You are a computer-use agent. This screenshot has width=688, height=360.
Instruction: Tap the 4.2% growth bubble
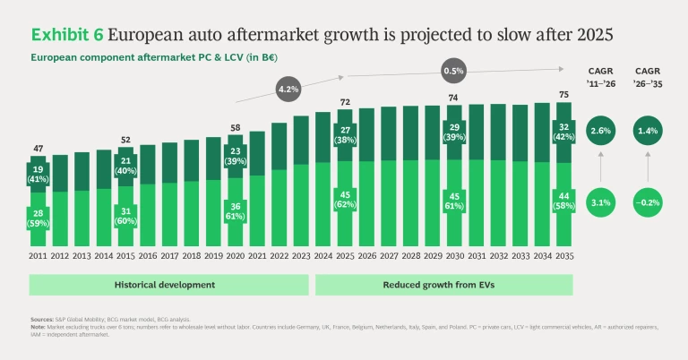[x=288, y=90]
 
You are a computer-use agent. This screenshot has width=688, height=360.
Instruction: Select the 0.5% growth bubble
[x=454, y=70]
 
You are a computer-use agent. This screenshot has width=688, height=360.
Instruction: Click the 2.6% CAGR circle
[x=602, y=132]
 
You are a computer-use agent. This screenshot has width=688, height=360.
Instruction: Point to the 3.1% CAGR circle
[x=602, y=202]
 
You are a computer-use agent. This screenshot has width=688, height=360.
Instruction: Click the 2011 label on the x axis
[x=39, y=256]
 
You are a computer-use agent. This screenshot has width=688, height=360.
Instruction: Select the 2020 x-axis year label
[x=235, y=256]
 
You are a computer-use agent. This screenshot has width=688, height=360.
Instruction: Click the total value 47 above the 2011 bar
[x=39, y=149]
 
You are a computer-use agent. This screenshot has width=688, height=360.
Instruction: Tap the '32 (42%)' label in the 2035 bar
[x=562, y=131]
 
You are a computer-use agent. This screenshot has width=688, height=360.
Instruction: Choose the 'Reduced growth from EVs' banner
[x=443, y=284]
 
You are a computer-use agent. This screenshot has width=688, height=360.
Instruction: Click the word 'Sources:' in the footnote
[x=42, y=318]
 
